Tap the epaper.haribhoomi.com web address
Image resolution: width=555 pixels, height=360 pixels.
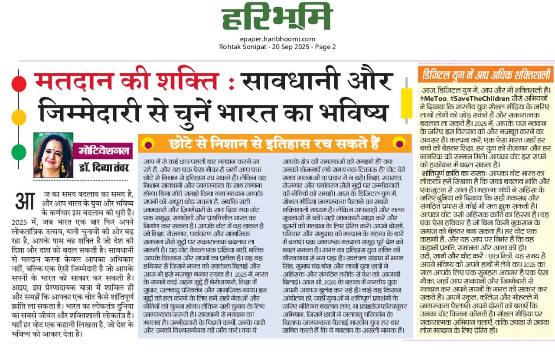click(x=277, y=39)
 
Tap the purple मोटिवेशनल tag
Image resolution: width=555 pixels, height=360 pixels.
click(x=103, y=151)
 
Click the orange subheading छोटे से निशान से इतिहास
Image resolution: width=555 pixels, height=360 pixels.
click(x=274, y=143)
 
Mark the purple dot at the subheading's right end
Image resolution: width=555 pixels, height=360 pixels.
click(x=398, y=143)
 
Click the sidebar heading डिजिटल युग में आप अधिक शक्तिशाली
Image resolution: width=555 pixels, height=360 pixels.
click(x=485, y=75)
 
